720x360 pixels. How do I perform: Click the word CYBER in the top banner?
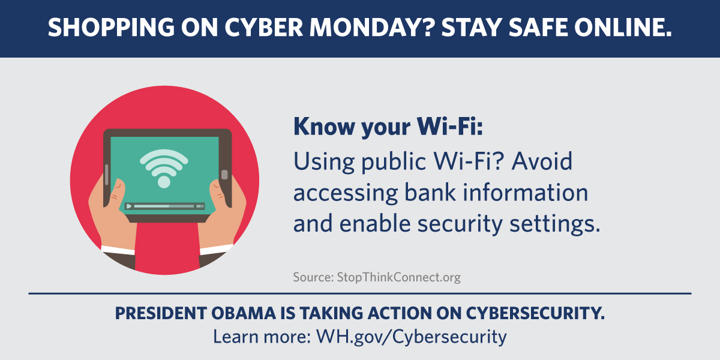263,28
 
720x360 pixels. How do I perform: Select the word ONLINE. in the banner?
623,28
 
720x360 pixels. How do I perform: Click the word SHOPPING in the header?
111,28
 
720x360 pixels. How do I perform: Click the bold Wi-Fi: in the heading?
449,127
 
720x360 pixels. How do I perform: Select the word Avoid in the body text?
542,161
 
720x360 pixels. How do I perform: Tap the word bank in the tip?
430,192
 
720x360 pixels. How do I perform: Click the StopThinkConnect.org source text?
398,277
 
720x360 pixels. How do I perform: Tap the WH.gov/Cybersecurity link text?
412,337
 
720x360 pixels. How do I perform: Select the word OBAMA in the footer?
244,313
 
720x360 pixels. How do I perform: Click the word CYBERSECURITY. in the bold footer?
535,313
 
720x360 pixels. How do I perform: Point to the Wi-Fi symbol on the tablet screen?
164,169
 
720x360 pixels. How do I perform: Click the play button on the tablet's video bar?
129,206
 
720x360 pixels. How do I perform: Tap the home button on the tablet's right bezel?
224,175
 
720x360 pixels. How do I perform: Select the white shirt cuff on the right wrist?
217,250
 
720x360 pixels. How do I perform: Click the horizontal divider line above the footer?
360,293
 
